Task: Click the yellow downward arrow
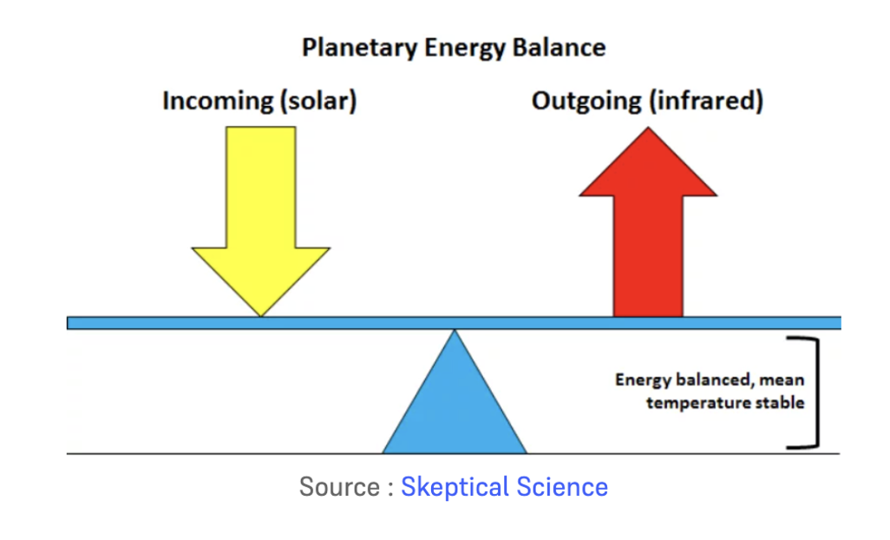click(x=260, y=221)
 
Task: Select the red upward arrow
click(x=648, y=221)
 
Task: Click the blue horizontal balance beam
click(x=454, y=323)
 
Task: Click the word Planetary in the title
click(x=359, y=48)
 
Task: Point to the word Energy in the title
click(x=465, y=49)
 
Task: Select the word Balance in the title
click(x=560, y=47)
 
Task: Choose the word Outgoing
click(x=586, y=102)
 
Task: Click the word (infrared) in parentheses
click(x=706, y=101)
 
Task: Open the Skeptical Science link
click(x=505, y=487)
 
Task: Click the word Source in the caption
click(x=339, y=487)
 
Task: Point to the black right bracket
click(x=817, y=393)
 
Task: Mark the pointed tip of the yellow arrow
click(x=260, y=316)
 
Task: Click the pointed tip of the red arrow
click(x=648, y=128)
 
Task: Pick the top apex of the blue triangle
click(x=454, y=331)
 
